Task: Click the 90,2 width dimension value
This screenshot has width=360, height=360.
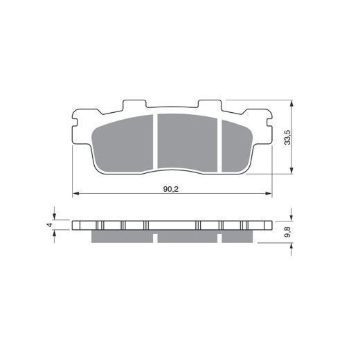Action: tap(171, 189)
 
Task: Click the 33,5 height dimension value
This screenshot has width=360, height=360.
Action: tap(287, 137)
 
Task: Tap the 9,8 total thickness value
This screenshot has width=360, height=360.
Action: tap(287, 232)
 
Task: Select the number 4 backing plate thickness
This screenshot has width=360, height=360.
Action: tap(50, 224)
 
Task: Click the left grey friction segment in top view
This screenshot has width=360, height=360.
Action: tap(123, 144)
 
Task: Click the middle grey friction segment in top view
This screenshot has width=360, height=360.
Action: tap(188, 143)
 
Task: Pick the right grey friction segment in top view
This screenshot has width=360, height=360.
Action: tap(237, 147)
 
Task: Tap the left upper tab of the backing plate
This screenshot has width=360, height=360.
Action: tap(134, 105)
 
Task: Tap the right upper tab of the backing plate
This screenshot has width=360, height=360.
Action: tap(210, 105)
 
